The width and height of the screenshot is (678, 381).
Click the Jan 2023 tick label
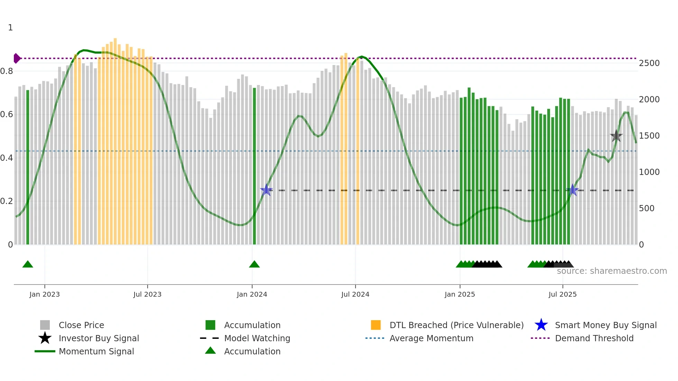[x=45, y=294]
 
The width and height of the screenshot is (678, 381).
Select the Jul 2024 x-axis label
[x=355, y=294]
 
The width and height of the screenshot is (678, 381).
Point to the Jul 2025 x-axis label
[x=562, y=294]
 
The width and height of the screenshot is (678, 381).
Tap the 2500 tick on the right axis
[x=649, y=63]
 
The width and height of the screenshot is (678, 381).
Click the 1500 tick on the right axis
[x=649, y=136]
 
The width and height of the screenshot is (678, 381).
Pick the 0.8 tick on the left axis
[x=7, y=71]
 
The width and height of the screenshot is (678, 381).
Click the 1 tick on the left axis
[x=10, y=28]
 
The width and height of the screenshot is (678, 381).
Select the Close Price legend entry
[x=81, y=325]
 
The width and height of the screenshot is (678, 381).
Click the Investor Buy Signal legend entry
[x=99, y=338]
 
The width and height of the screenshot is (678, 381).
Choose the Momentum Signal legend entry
[x=96, y=351]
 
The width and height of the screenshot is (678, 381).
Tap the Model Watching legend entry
[x=257, y=338]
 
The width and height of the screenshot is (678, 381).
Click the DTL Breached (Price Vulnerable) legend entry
[x=456, y=325]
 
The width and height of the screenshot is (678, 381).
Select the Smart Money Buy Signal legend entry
[x=606, y=325]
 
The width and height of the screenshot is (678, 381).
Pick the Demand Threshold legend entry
[x=594, y=338]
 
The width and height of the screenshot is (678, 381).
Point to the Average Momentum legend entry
[x=431, y=338]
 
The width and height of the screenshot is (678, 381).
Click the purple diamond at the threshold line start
[x=17, y=58]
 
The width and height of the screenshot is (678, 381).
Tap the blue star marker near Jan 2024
[x=266, y=190]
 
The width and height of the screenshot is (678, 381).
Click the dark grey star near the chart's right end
[x=616, y=136]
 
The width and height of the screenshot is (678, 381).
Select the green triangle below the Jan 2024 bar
[x=254, y=264]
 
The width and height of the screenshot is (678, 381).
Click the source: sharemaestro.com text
[x=612, y=271]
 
